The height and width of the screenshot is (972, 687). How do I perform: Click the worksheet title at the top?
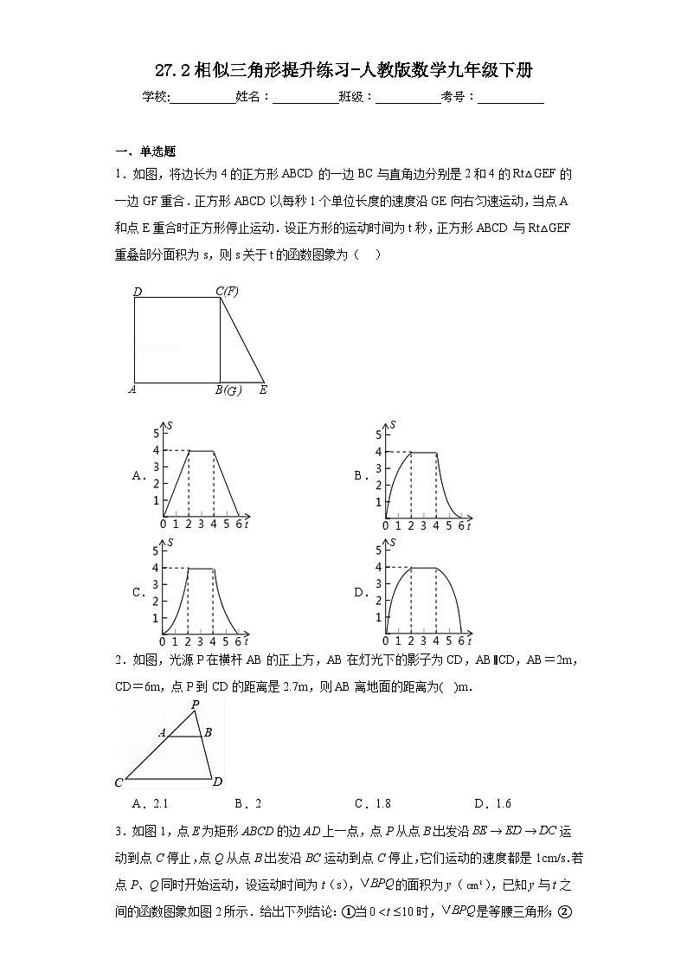(x=343, y=71)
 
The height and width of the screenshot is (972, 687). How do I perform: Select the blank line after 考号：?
(x=510, y=99)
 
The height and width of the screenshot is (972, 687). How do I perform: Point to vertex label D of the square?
(x=138, y=293)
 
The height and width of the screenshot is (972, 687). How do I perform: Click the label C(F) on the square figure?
(x=227, y=293)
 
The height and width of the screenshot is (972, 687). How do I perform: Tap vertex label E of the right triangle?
(x=263, y=390)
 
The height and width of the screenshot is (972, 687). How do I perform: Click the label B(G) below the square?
(x=228, y=390)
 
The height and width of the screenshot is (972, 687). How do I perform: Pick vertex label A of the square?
(x=132, y=389)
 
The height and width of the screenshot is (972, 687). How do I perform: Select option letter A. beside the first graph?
(x=138, y=475)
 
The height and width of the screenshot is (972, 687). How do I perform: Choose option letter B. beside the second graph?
(x=360, y=475)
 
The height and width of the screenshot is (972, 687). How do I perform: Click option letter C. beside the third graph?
(x=138, y=593)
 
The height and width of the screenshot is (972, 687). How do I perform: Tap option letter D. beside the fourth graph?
(x=360, y=593)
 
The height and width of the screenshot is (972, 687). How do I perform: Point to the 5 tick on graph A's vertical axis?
(x=157, y=434)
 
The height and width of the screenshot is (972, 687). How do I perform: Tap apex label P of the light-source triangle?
(x=196, y=705)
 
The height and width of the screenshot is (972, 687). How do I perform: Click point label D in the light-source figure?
(x=218, y=782)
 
